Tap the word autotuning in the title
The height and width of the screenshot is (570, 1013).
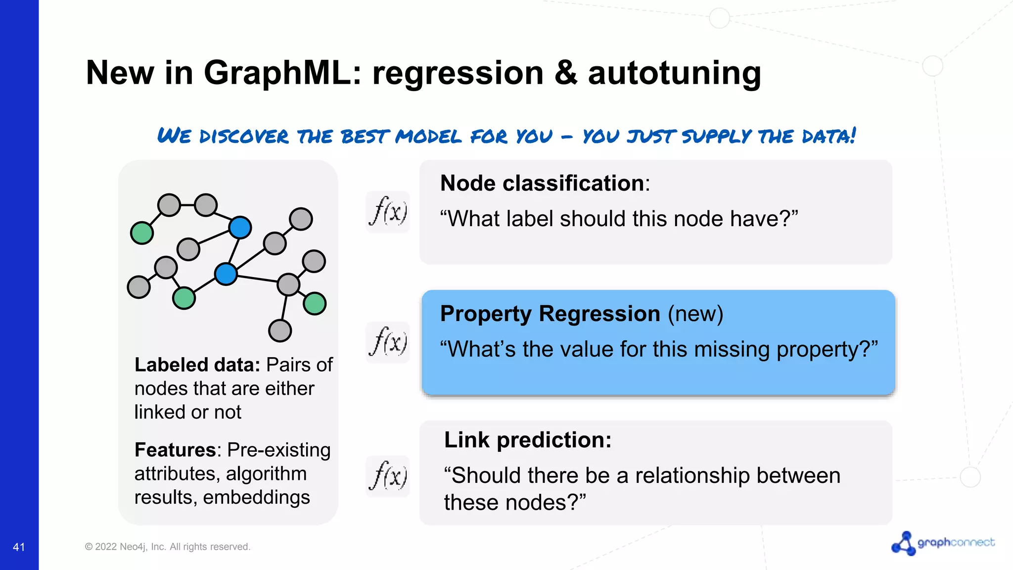click(674, 73)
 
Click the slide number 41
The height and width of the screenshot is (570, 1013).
click(19, 547)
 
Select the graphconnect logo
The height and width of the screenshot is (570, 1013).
click(943, 543)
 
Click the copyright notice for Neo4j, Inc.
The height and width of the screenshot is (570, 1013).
click(168, 547)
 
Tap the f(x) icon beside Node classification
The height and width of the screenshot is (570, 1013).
click(388, 212)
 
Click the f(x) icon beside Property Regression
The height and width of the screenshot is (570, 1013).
click(388, 342)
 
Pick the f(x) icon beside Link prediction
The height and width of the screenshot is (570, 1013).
click(388, 476)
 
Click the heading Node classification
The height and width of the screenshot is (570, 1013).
click(542, 184)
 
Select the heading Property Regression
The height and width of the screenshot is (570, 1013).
click(550, 314)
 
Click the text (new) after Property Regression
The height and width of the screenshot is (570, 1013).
click(695, 314)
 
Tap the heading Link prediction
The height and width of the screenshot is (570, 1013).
click(527, 440)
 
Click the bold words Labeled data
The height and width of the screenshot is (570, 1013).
click(197, 365)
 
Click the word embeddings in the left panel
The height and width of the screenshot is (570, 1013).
click(256, 497)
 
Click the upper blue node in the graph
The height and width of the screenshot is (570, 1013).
click(240, 228)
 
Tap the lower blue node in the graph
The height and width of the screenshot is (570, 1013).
click(226, 274)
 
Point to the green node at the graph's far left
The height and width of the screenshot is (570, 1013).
click(142, 233)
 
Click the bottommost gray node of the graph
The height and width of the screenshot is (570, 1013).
click(280, 331)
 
